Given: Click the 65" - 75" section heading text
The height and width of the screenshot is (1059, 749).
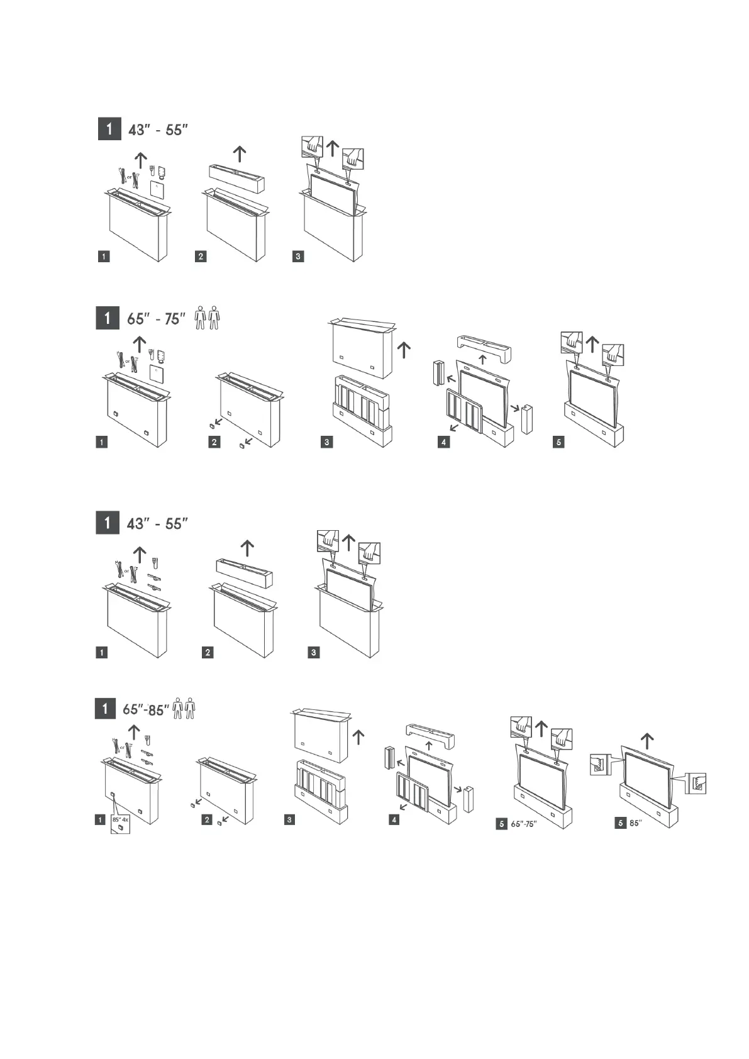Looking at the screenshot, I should click(x=156, y=318).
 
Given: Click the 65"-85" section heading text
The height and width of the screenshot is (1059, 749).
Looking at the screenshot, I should click(x=146, y=709).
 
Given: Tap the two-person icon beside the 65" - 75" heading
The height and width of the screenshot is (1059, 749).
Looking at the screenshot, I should click(x=207, y=318).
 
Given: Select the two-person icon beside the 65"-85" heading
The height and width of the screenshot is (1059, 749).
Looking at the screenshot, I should click(x=184, y=708).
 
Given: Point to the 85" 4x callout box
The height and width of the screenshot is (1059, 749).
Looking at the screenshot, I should click(x=119, y=824).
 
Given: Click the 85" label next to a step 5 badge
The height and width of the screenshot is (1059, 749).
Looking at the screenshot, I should click(x=635, y=823).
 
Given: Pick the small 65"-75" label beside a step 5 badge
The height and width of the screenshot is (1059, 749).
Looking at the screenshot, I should click(x=523, y=824).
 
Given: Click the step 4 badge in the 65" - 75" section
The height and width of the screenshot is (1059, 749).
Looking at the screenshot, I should click(x=444, y=442).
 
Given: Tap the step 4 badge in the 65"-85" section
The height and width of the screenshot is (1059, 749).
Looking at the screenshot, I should click(x=394, y=820).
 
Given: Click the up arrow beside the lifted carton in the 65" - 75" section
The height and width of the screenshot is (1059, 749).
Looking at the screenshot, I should click(x=404, y=349).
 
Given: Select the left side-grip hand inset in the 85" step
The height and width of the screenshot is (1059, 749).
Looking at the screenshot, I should click(x=598, y=765).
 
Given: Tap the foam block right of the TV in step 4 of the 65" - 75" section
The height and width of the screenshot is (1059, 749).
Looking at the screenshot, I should click(x=527, y=419).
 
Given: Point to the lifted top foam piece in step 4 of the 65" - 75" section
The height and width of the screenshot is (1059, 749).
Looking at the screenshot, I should click(x=483, y=345).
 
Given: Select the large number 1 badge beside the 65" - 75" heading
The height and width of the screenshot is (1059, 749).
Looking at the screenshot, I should click(x=108, y=318).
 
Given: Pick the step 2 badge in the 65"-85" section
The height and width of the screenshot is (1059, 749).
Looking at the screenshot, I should click(x=207, y=820).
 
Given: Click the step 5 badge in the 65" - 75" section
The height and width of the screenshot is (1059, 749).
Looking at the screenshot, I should click(x=558, y=442).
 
